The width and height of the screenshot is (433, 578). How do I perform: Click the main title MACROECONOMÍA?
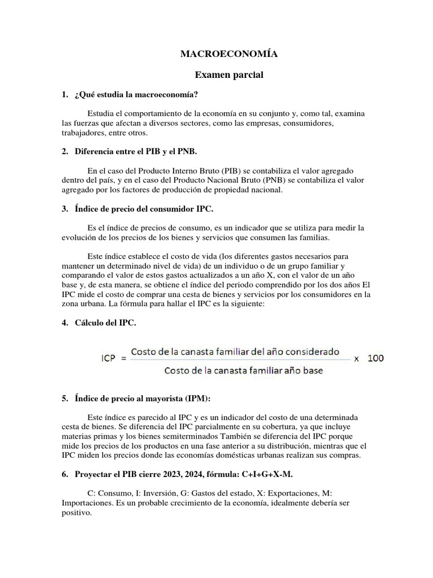[x=229, y=54]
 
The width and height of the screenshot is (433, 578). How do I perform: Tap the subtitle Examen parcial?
[x=229, y=75]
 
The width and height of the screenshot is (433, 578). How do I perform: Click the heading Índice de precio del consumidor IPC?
[x=144, y=209]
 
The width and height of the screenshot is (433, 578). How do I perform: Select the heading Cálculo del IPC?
[x=105, y=323]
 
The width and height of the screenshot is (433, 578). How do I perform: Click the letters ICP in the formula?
[x=111, y=358]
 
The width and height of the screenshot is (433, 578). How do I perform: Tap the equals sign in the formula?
[x=123, y=358]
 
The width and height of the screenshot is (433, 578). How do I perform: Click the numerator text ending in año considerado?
[x=235, y=351]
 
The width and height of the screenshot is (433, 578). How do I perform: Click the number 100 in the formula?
[x=376, y=358]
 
